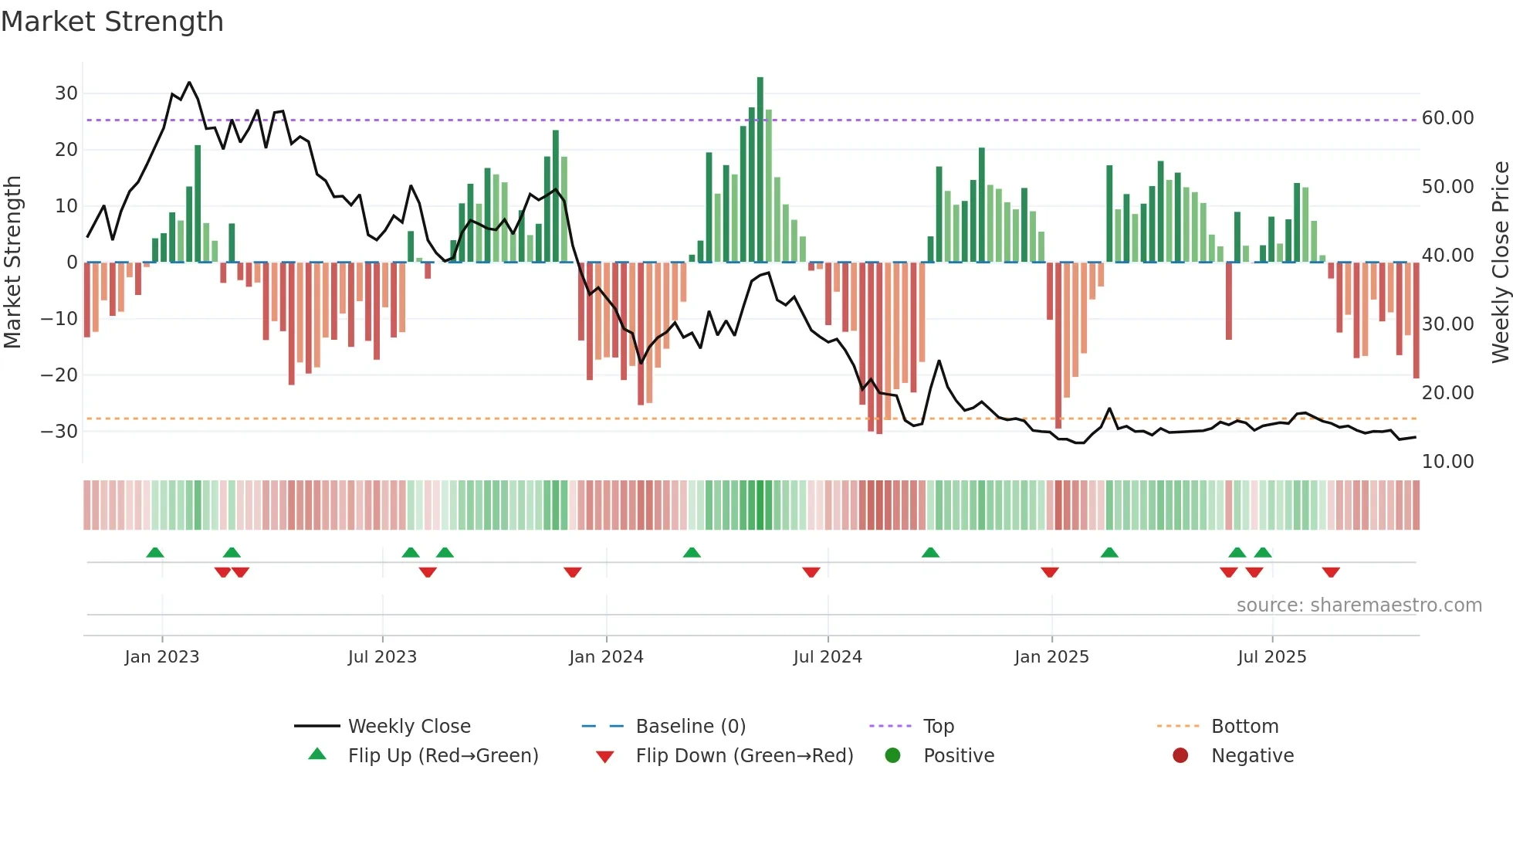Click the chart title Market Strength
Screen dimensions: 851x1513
pyautogui.click(x=112, y=22)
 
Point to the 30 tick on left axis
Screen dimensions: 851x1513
pyautogui.click(x=66, y=93)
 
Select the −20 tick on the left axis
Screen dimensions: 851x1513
pyautogui.click(x=59, y=375)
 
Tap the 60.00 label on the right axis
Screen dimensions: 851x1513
pyautogui.click(x=1447, y=118)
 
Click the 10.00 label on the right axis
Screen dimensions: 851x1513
pyautogui.click(x=1447, y=462)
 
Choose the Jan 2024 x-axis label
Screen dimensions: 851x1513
pyautogui.click(x=606, y=657)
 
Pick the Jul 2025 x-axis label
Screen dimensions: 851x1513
pyautogui.click(x=1271, y=657)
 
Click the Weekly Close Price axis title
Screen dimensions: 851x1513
pyautogui.click(x=1500, y=263)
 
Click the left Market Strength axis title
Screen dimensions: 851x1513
pyautogui.click(x=12, y=263)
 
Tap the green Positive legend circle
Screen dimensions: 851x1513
pyautogui.click(x=893, y=756)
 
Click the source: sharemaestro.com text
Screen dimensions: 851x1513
pyautogui.click(x=1359, y=605)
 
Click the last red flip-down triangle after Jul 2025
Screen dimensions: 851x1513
pyautogui.click(x=1331, y=572)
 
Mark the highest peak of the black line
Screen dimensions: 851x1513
pyautogui.click(x=189, y=83)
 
